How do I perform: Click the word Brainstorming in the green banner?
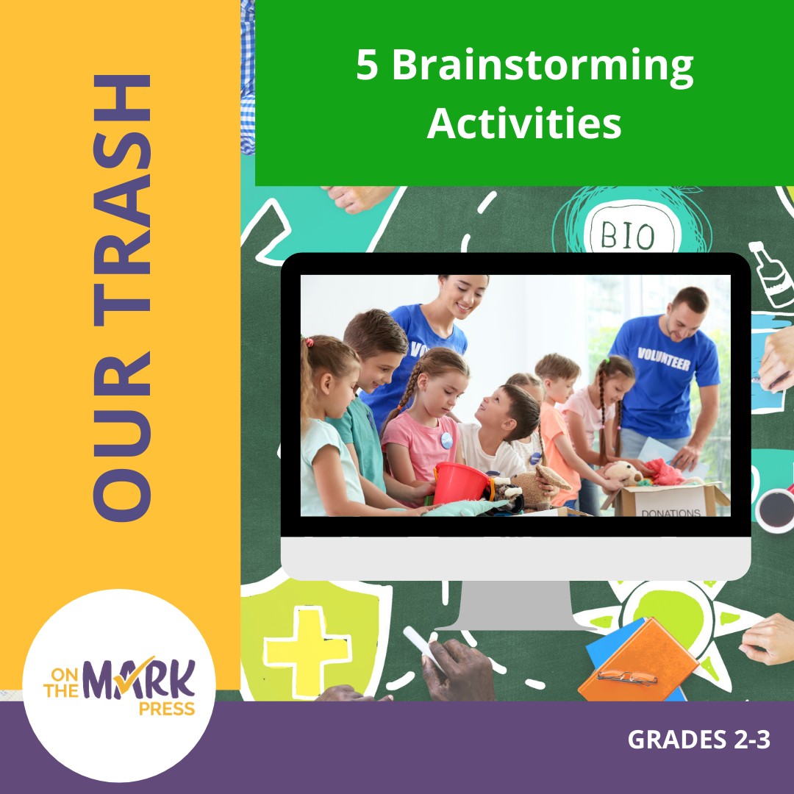click(543, 67)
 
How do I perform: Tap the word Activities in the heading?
click(524, 124)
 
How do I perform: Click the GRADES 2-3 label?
click(698, 740)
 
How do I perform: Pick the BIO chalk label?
click(627, 236)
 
